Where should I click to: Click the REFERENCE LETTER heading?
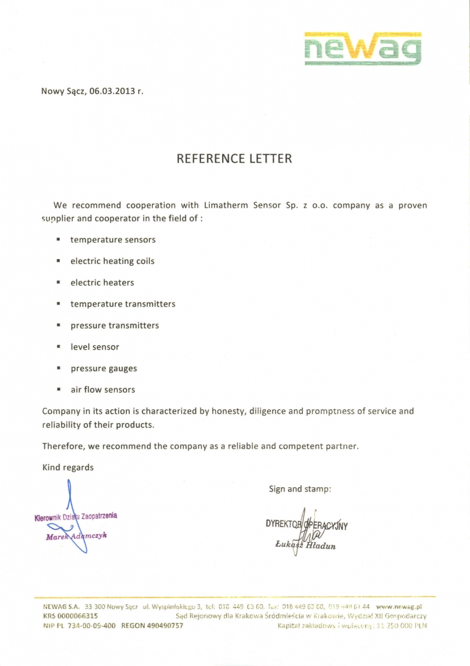click(x=234, y=158)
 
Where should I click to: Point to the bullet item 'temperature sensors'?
click(x=113, y=239)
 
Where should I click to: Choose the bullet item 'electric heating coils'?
click(x=112, y=261)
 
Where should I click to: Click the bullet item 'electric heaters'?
click(x=102, y=282)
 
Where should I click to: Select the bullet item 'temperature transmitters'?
click(x=123, y=304)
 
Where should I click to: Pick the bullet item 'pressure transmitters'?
click(x=114, y=326)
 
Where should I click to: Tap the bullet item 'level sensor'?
click(x=95, y=347)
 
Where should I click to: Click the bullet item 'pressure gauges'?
click(x=104, y=369)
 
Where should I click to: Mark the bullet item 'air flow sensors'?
click(x=102, y=390)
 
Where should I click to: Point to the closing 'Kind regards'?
click(x=68, y=467)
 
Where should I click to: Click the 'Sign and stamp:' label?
click(x=300, y=489)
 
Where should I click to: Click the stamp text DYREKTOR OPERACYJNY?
click(x=307, y=525)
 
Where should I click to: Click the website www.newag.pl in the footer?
click(x=402, y=607)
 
